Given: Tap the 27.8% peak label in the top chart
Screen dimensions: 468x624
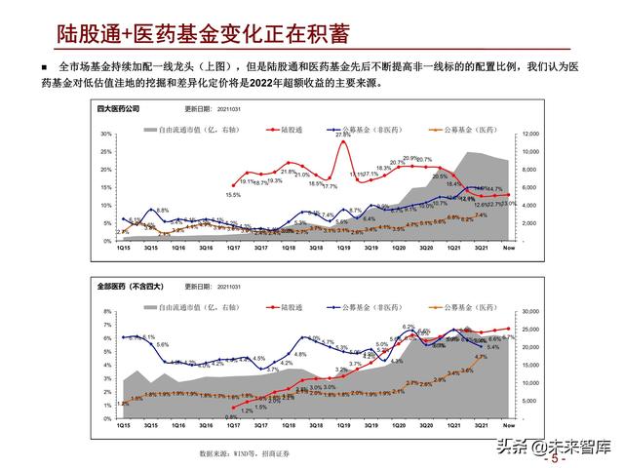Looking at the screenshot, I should (343, 135).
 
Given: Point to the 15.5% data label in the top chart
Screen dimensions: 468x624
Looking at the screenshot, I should (233, 195).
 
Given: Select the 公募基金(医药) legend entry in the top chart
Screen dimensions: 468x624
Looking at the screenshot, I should (457, 128).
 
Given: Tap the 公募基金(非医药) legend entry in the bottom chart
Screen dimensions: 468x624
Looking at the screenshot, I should (373, 304).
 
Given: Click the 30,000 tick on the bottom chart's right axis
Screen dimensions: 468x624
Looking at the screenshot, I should (529, 310).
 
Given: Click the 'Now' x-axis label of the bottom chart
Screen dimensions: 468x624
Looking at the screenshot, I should (508, 426).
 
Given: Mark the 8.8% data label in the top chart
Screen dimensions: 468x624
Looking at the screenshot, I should (162, 211).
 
